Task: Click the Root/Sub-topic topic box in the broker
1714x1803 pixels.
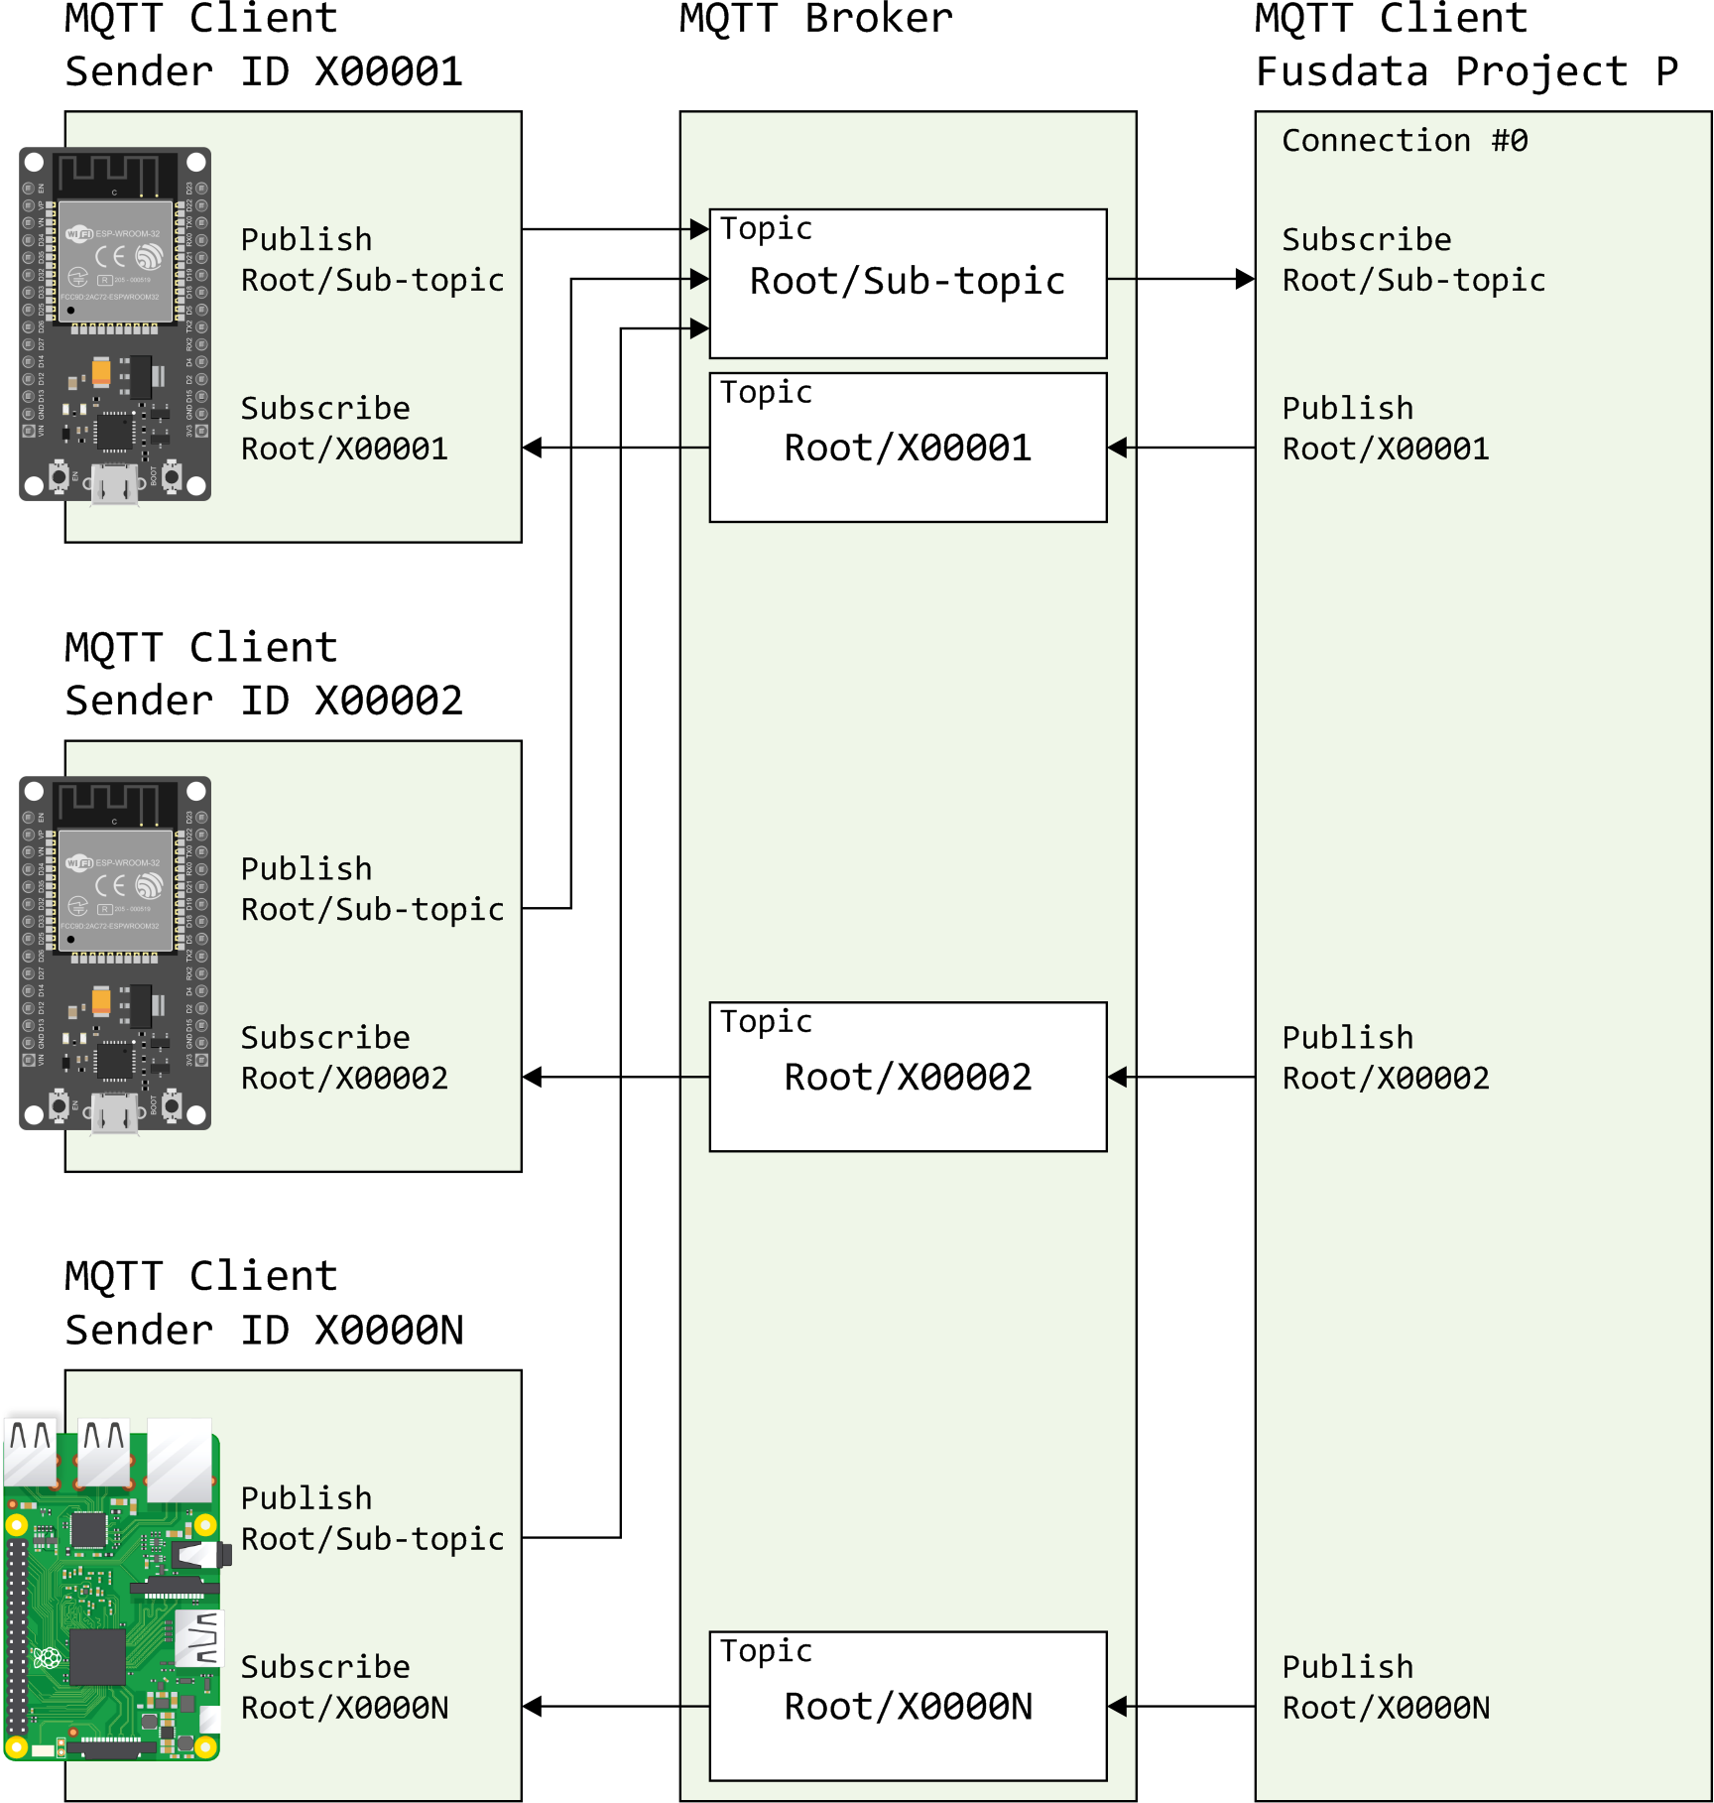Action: tap(908, 283)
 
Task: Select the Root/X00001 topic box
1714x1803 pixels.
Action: tap(908, 448)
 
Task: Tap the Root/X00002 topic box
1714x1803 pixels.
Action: tap(908, 1077)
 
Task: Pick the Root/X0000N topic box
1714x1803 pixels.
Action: tap(908, 1706)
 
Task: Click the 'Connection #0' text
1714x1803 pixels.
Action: tap(1405, 141)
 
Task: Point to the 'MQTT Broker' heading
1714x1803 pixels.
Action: tap(815, 19)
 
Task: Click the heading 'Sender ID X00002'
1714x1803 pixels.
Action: tap(264, 701)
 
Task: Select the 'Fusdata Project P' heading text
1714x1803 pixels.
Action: tap(1467, 71)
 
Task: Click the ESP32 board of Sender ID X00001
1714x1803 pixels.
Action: tap(115, 324)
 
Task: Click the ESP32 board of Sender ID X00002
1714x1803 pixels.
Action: tap(115, 954)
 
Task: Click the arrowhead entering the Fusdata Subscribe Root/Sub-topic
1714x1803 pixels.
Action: tap(1246, 279)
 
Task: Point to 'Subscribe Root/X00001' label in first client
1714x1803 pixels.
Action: tap(344, 429)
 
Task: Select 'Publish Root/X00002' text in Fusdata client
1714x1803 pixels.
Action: tap(1386, 1058)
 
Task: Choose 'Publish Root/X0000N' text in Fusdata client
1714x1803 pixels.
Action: tap(1386, 1687)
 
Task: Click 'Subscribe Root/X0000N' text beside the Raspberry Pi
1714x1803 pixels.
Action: tap(344, 1687)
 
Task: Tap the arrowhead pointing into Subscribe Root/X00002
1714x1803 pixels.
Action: tap(533, 1077)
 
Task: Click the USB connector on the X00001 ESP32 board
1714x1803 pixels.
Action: tap(115, 485)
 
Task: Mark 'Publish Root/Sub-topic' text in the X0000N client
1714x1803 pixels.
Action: tap(372, 1518)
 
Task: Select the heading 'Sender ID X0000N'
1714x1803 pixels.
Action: tap(264, 1330)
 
